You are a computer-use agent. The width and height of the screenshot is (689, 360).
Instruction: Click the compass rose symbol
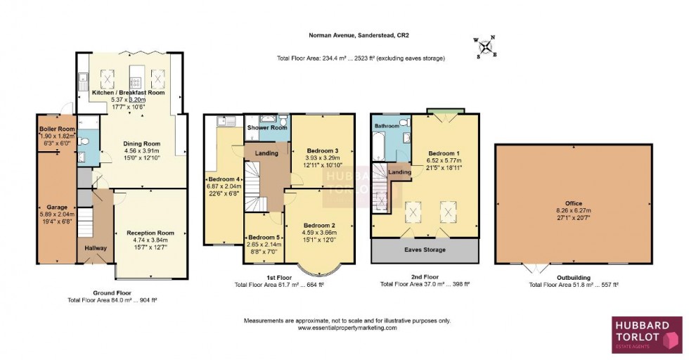coord(485,48)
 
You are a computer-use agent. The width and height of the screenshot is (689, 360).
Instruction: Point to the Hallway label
coord(96,248)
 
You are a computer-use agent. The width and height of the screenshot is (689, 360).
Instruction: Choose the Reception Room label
coord(150,233)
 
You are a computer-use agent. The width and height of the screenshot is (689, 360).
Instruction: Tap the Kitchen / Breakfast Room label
coord(128,93)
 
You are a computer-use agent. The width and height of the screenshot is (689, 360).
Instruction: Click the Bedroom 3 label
coord(323,150)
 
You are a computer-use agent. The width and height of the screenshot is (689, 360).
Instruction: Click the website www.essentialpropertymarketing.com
coord(347,328)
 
